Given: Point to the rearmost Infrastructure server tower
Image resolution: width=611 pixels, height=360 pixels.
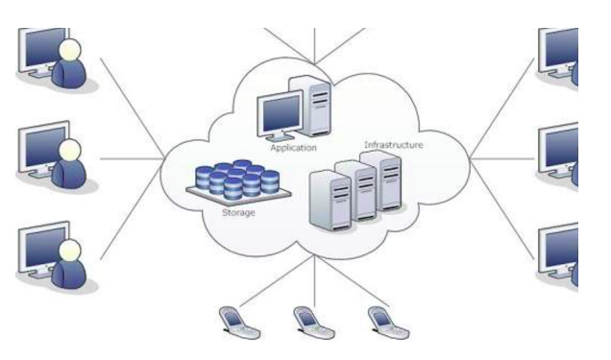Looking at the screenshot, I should [x=387, y=180].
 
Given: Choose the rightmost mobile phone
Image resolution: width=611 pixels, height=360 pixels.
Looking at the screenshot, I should [x=380, y=322].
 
